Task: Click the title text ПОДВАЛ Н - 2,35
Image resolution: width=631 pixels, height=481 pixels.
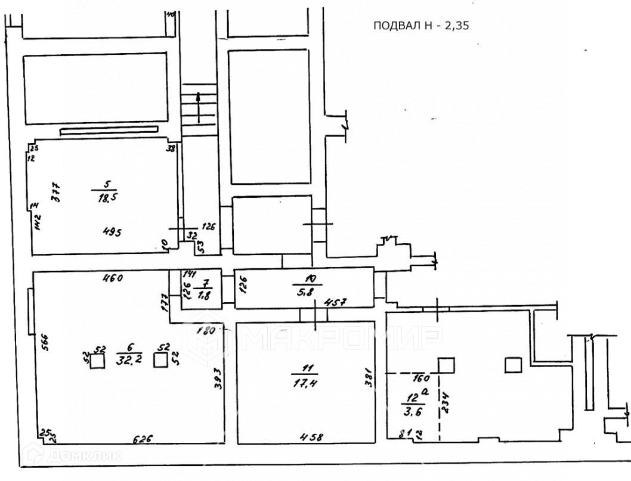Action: click(417, 25)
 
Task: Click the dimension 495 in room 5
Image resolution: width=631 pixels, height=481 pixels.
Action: click(112, 232)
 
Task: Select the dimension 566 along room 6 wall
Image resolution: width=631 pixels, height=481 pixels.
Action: click(45, 343)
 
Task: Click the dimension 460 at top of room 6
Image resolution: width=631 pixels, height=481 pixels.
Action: click(112, 277)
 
